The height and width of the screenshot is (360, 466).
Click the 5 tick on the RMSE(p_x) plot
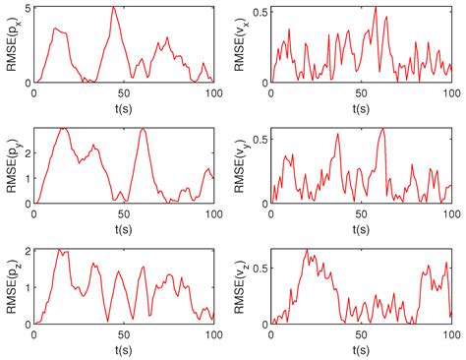coord(28,8)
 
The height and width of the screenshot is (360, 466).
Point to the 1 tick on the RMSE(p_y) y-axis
coord(28,178)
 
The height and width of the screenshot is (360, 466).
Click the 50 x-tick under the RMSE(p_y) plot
coord(124,212)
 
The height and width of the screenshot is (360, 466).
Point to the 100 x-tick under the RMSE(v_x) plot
coord(450,91)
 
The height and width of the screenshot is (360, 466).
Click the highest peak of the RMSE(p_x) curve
coord(114,8)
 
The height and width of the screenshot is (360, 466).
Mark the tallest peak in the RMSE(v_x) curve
coord(375,8)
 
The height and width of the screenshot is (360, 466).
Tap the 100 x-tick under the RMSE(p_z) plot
coord(212,333)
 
